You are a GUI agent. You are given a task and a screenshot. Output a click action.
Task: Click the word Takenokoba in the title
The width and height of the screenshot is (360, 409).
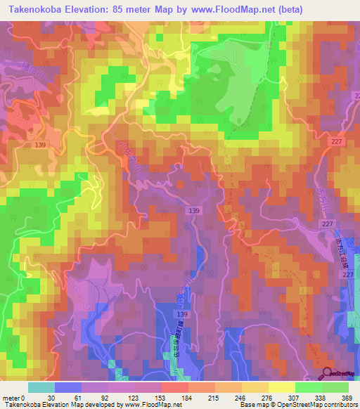pos(34,9)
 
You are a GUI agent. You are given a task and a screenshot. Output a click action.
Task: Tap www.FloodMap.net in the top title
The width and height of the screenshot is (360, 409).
pos(249,9)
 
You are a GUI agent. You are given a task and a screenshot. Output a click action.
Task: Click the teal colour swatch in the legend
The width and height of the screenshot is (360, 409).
pos(41,387)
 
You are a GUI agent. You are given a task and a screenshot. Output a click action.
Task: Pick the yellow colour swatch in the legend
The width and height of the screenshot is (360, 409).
pos(282,387)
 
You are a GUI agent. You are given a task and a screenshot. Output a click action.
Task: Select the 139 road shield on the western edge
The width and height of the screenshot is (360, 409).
pos(39,144)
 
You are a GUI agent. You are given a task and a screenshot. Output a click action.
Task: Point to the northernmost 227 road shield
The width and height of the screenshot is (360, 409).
pos(337,141)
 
